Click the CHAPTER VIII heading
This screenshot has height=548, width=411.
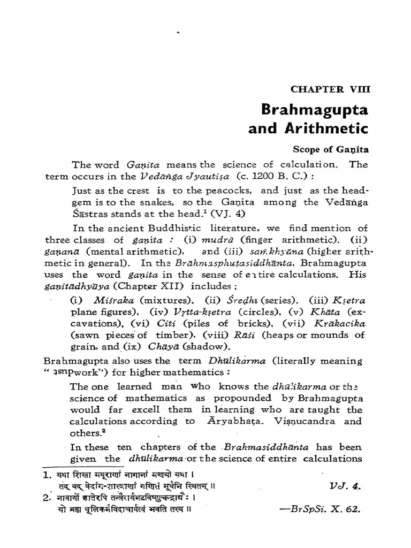[330, 89]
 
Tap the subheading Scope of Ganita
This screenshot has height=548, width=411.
[331, 151]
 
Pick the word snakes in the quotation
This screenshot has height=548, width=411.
[166, 202]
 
